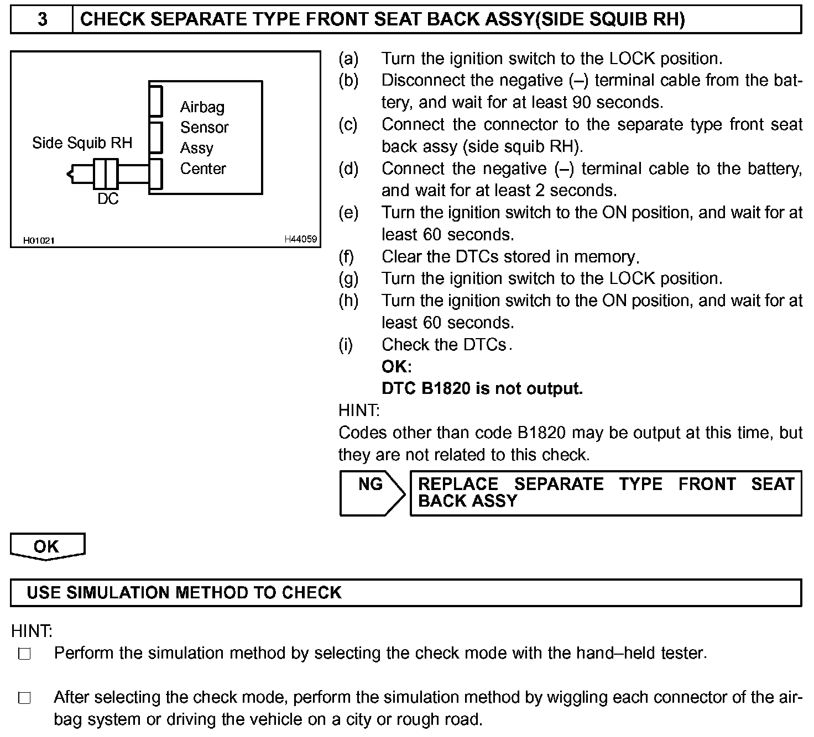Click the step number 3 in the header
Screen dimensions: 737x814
pos(42,20)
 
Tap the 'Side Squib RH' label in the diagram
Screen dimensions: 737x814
pos(82,143)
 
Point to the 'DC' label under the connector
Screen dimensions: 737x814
pos(108,199)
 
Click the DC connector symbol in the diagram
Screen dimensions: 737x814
pos(106,174)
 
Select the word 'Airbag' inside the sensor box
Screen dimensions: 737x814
pos(202,107)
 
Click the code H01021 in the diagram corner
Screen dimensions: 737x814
pos(39,240)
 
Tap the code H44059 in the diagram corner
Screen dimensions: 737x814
pos(300,239)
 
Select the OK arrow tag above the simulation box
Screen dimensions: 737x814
pos(47,546)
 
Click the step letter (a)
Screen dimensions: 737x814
pos(348,59)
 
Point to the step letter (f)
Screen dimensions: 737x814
pos(346,257)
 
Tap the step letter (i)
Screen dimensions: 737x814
pos(346,345)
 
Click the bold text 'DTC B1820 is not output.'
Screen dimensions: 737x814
pos(482,389)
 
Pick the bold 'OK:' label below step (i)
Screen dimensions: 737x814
pos(396,367)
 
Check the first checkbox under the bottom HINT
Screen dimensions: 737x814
pos(24,654)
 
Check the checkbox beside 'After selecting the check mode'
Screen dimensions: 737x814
pos(24,698)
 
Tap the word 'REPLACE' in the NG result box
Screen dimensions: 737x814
pos(458,484)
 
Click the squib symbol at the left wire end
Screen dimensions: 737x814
pos(70,175)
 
